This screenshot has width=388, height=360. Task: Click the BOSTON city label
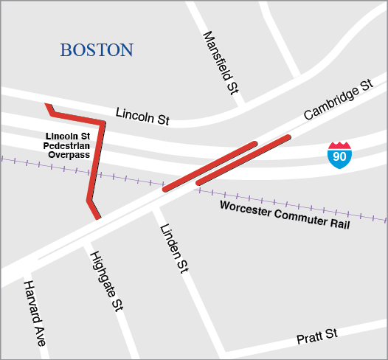97,50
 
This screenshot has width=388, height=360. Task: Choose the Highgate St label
105,280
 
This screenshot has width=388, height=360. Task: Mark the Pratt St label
316,338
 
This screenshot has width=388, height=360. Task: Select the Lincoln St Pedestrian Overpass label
67,146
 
